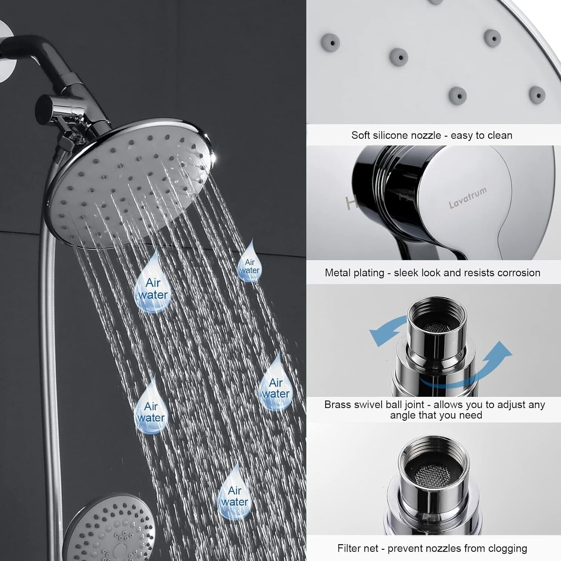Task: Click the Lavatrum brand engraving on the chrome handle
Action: [468, 197]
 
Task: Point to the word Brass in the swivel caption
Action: [337, 404]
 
